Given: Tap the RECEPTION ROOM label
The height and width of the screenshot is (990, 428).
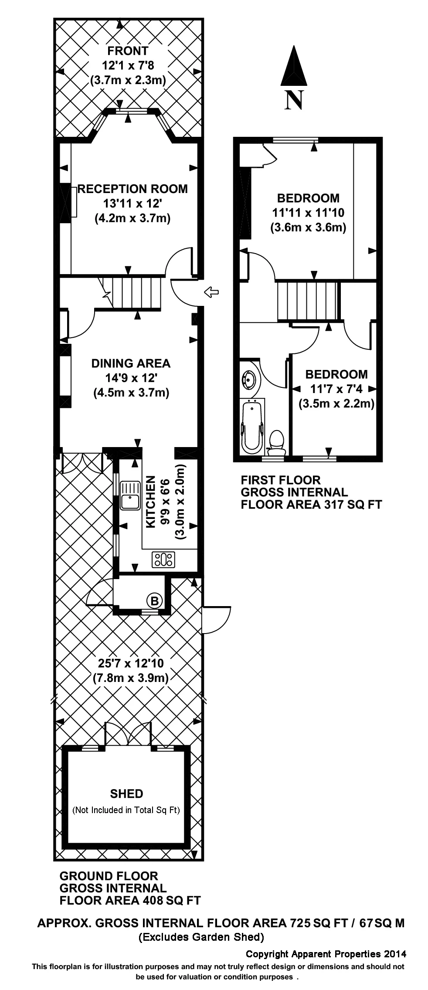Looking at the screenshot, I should click(132, 189).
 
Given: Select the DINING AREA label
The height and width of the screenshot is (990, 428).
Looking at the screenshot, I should click(131, 363).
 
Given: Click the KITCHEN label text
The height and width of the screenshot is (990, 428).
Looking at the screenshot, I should click(150, 502).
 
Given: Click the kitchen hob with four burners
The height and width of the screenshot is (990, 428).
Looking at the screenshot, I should click(163, 559).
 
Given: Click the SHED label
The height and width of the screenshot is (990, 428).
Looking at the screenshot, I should click(126, 794).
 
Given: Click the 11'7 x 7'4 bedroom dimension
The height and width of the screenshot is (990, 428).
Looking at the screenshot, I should click(336, 389).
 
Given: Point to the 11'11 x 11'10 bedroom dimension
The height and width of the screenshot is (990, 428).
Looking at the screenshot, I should click(308, 213).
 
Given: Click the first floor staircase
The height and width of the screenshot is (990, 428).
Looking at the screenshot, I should click(307, 301).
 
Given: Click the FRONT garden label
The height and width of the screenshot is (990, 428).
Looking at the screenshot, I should click(128, 51).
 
